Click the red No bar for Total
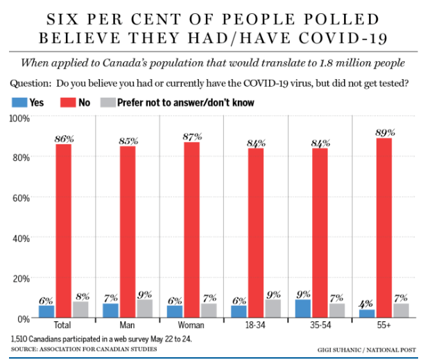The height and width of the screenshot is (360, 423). click(x=64, y=230)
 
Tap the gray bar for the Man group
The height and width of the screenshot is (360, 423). click(x=145, y=309)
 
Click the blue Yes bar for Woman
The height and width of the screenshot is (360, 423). click(x=175, y=311)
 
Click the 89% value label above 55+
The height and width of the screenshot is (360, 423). click(x=384, y=132)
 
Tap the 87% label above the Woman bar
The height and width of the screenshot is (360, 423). click(x=192, y=136)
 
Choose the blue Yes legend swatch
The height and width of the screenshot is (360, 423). click(x=19, y=103)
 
